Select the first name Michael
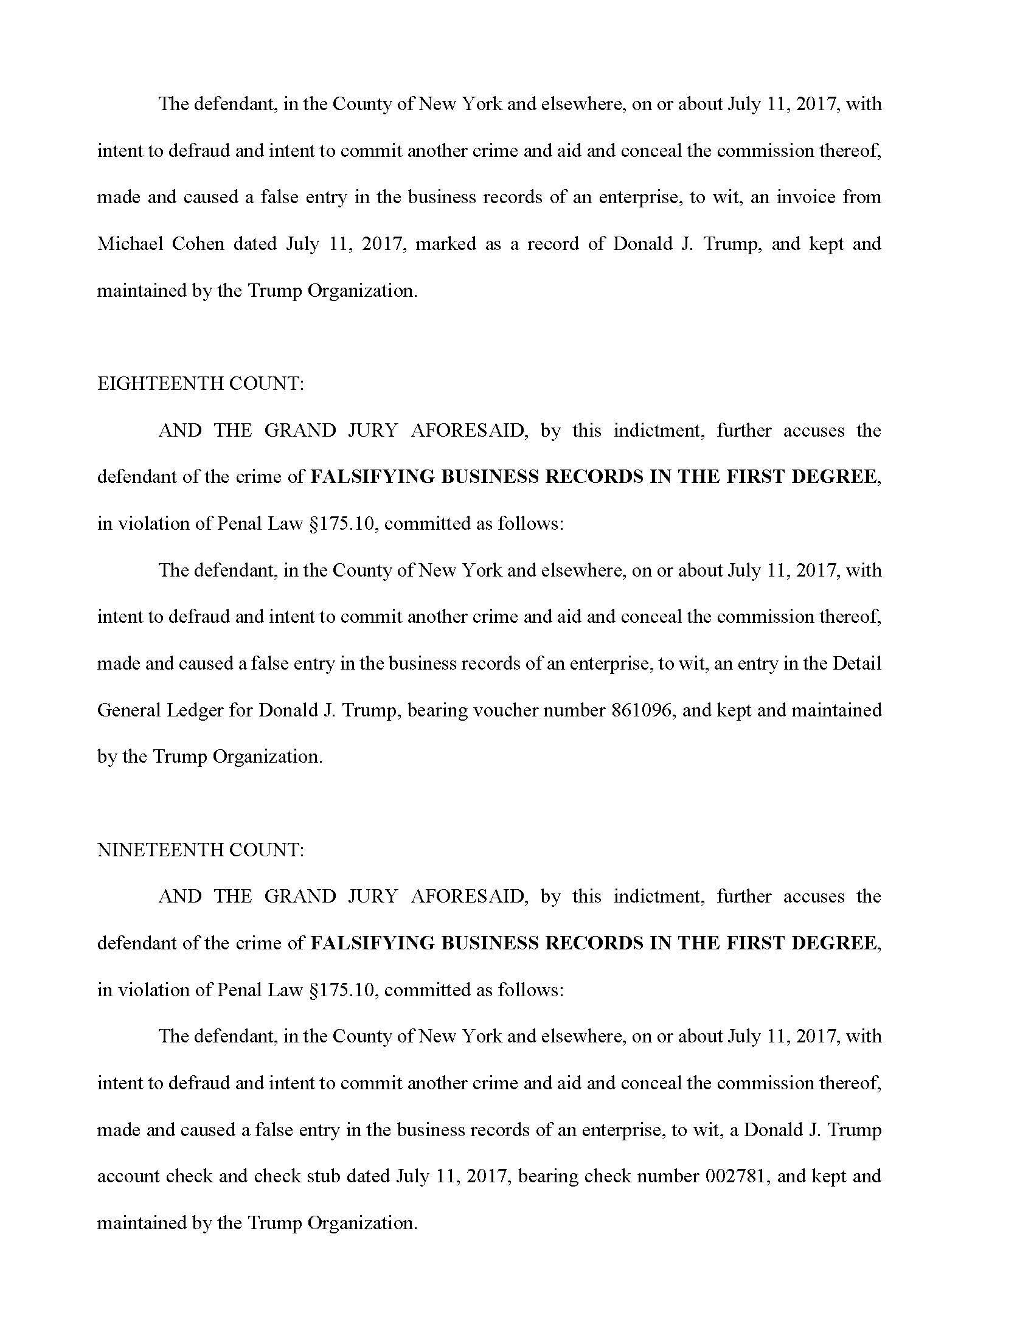click(128, 244)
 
